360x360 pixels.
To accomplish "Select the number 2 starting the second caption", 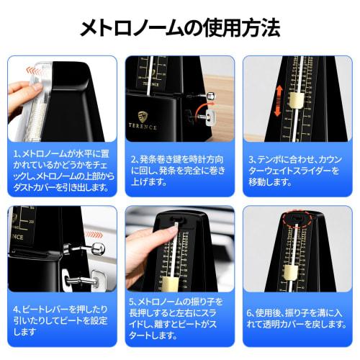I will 134,158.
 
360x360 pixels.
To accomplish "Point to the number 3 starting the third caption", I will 251,158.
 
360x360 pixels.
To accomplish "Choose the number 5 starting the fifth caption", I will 134,300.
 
